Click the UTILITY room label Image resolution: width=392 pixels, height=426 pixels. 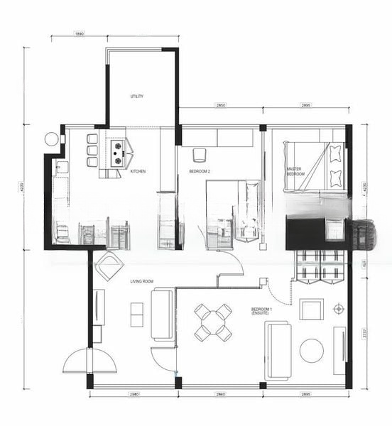[137, 97]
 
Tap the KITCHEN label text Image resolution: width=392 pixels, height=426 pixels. [138, 171]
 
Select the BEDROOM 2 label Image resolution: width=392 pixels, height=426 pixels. [200, 172]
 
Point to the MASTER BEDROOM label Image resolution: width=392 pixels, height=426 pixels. [295, 171]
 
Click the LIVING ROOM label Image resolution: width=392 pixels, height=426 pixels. [142, 282]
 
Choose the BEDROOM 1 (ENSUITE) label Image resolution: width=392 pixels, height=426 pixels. [264, 311]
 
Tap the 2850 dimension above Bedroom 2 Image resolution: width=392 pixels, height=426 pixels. [221, 105]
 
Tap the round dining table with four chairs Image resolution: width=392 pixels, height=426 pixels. [214, 321]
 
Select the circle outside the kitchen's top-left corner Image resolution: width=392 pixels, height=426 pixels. [52, 139]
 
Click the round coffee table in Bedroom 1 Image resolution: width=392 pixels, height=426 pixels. [311, 350]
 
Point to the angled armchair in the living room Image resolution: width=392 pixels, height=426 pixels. [109, 266]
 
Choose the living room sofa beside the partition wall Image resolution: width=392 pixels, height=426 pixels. [162, 315]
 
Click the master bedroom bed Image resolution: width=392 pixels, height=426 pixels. [315, 166]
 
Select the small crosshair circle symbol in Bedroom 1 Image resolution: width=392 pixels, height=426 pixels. [338, 309]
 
